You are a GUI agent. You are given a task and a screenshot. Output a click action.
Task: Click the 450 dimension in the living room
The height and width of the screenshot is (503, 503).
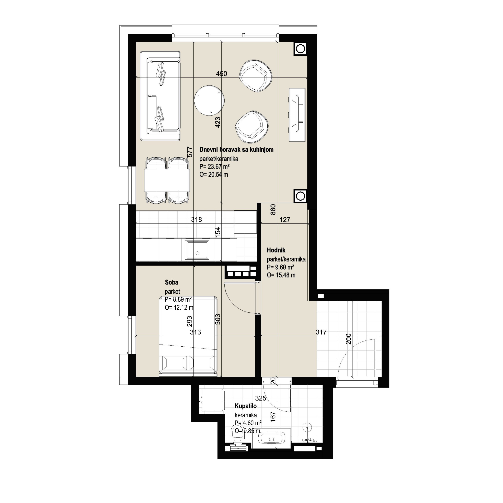click(x=222, y=74)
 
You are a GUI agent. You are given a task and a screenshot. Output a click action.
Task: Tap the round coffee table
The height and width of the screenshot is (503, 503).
click(x=209, y=100)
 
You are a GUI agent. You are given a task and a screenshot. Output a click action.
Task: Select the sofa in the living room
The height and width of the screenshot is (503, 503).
click(x=160, y=96)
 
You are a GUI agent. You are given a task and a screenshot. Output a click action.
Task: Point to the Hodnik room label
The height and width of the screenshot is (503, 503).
click(x=276, y=250)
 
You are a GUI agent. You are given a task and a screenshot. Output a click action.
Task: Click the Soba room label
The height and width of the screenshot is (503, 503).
click(x=172, y=282)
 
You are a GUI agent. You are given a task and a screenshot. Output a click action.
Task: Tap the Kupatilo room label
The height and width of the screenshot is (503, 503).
click(x=246, y=406)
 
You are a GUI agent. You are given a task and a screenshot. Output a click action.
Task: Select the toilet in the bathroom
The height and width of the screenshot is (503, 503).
click(x=238, y=438)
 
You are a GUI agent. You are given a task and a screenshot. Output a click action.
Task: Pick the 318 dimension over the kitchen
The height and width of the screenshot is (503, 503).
click(x=196, y=219)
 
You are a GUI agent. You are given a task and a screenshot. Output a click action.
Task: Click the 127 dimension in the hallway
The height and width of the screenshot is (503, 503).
click(x=285, y=220)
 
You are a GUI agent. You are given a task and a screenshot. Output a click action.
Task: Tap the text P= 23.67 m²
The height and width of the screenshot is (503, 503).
click(x=215, y=167)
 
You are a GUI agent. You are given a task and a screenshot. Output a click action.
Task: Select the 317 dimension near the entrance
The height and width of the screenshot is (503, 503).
click(x=321, y=332)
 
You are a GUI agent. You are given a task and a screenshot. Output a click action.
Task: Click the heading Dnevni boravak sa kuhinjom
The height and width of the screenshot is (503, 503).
click(x=236, y=150)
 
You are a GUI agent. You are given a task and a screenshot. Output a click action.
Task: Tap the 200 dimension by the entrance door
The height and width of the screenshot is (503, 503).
click(x=349, y=339)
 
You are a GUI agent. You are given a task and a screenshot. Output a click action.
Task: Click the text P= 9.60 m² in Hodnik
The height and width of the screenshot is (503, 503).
click(x=280, y=267)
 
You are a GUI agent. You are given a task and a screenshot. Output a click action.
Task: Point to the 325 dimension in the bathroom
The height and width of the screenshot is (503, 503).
click(x=261, y=398)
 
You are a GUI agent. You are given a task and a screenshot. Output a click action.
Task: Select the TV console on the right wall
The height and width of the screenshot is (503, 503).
click(x=297, y=115)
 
